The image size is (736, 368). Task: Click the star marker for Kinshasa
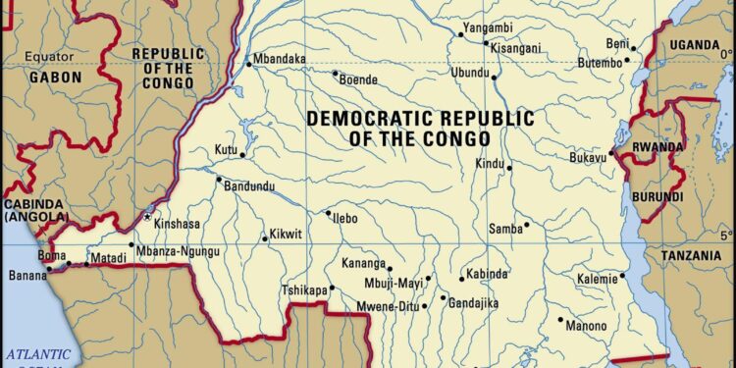click(x=148, y=217)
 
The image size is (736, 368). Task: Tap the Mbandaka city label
click(x=280, y=60)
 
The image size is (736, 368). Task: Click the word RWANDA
click(x=657, y=147)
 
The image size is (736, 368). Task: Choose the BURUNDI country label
click(x=657, y=197)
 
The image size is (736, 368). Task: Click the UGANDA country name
click(x=695, y=45)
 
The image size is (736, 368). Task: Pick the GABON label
click(x=54, y=77)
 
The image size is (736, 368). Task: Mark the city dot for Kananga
click(x=390, y=268)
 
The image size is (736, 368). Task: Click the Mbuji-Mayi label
click(x=393, y=284)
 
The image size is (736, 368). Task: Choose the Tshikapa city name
click(x=304, y=289)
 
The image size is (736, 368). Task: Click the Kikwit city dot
click(x=265, y=237)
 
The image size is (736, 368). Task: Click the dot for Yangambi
click(x=459, y=34)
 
